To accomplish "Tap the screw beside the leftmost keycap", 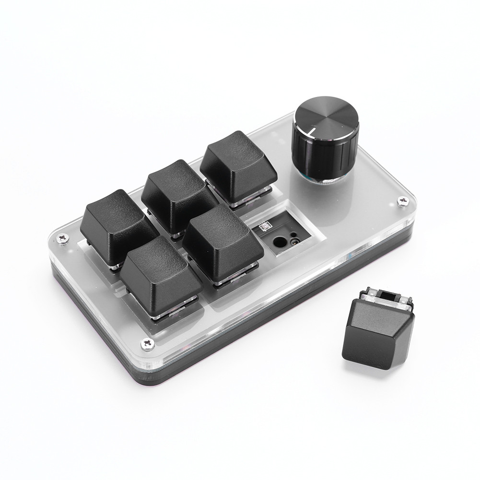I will (x=62, y=237).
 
